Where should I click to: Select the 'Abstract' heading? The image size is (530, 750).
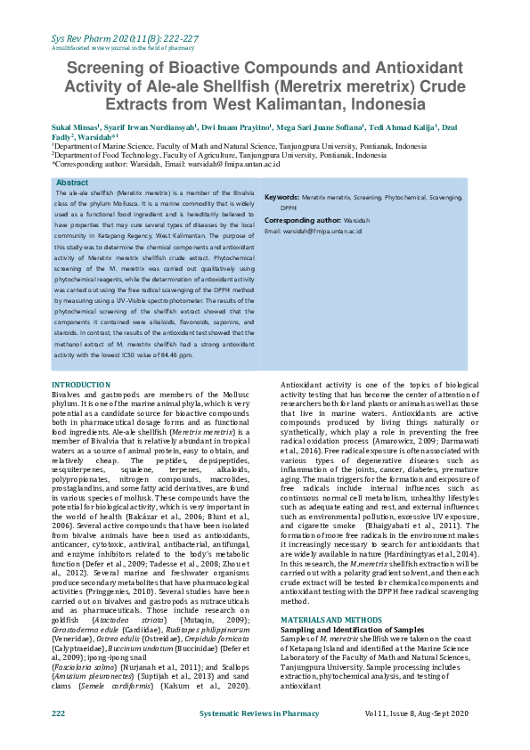tap(72, 182)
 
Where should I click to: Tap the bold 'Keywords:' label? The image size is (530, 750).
tap(281, 196)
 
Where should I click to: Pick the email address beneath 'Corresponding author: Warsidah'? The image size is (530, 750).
tap(313, 231)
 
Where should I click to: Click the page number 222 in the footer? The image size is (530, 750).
tap(59, 713)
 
